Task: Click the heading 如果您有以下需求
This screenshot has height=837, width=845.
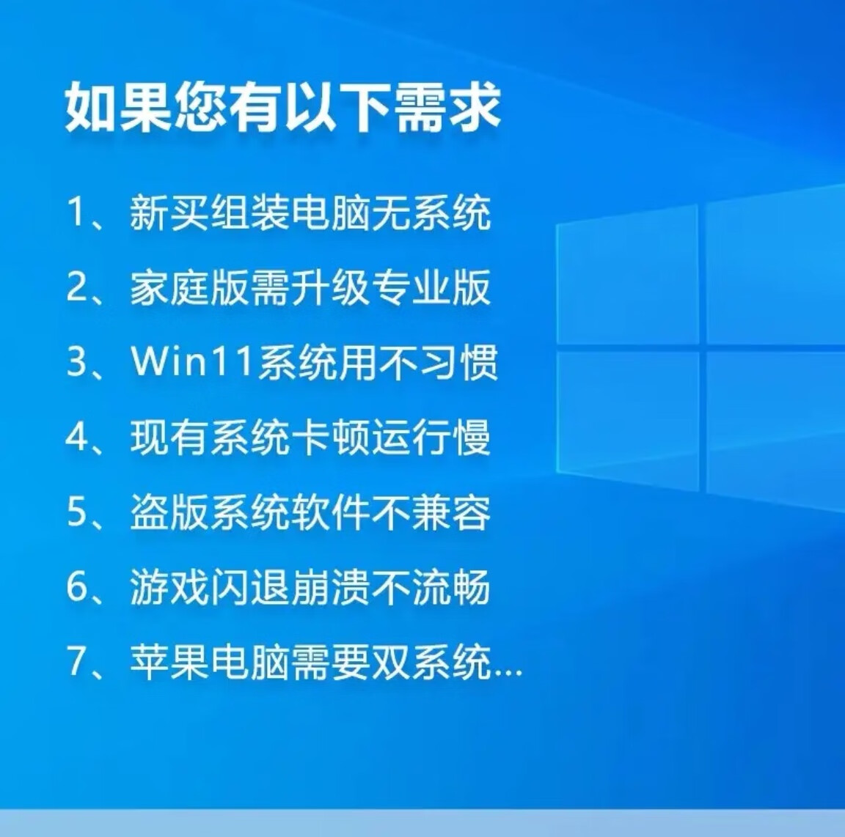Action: (283, 107)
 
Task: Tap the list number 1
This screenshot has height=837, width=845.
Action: (76, 213)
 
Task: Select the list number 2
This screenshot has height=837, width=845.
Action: (76, 287)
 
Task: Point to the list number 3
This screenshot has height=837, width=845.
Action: (76, 361)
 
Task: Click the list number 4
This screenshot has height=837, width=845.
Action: (76, 436)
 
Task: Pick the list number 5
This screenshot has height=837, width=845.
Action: (76, 511)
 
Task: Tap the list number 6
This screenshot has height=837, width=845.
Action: (76, 586)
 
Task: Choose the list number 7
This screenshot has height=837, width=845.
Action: (76, 661)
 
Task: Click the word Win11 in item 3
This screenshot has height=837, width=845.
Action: (192, 361)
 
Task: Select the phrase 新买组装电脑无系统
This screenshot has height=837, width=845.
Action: (310, 213)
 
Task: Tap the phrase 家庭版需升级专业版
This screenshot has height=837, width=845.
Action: (310, 287)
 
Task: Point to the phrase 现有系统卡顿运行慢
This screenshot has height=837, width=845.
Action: (310, 436)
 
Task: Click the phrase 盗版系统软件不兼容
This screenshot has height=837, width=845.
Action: (310, 511)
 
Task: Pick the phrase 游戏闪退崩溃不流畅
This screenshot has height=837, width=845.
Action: (310, 586)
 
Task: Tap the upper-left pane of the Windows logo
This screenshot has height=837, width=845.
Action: (627, 274)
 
